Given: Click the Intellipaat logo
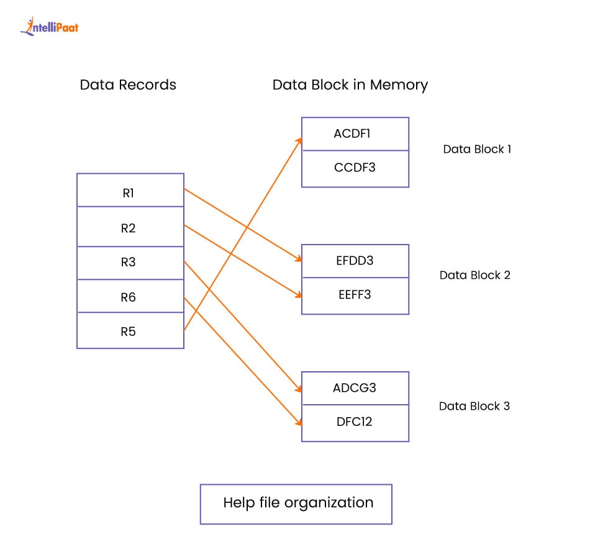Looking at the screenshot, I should [x=49, y=26].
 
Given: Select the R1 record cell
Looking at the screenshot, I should [x=130, y=192].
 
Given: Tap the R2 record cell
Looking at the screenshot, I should [x=130, y=228].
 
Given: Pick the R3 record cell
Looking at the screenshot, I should [x=130, y=263].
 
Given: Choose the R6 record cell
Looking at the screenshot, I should [x=130, y=297].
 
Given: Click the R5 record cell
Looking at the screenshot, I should [x=130, y=332].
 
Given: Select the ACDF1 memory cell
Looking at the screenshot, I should [x=355, y=133].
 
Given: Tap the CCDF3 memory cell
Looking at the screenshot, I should [x=355, y=167].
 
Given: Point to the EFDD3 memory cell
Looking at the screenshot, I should [x=355, y=261].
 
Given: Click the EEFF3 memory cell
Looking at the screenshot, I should [x=355, y=294].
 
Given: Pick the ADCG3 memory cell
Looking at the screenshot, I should [x=355, y=388].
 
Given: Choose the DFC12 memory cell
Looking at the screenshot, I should [x=355, y=422].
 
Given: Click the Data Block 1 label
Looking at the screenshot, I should [x=477, y=149].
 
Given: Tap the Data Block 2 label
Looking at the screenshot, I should [x=474, y=275].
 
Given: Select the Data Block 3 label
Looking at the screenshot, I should [x=474, y=406].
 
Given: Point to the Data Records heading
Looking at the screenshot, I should [x=128, y=85].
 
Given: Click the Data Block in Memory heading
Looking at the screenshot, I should [x=350, y=85].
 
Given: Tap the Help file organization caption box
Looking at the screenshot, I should [x=296, y=503].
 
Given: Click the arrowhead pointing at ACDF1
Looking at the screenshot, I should [x=299, y=141].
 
